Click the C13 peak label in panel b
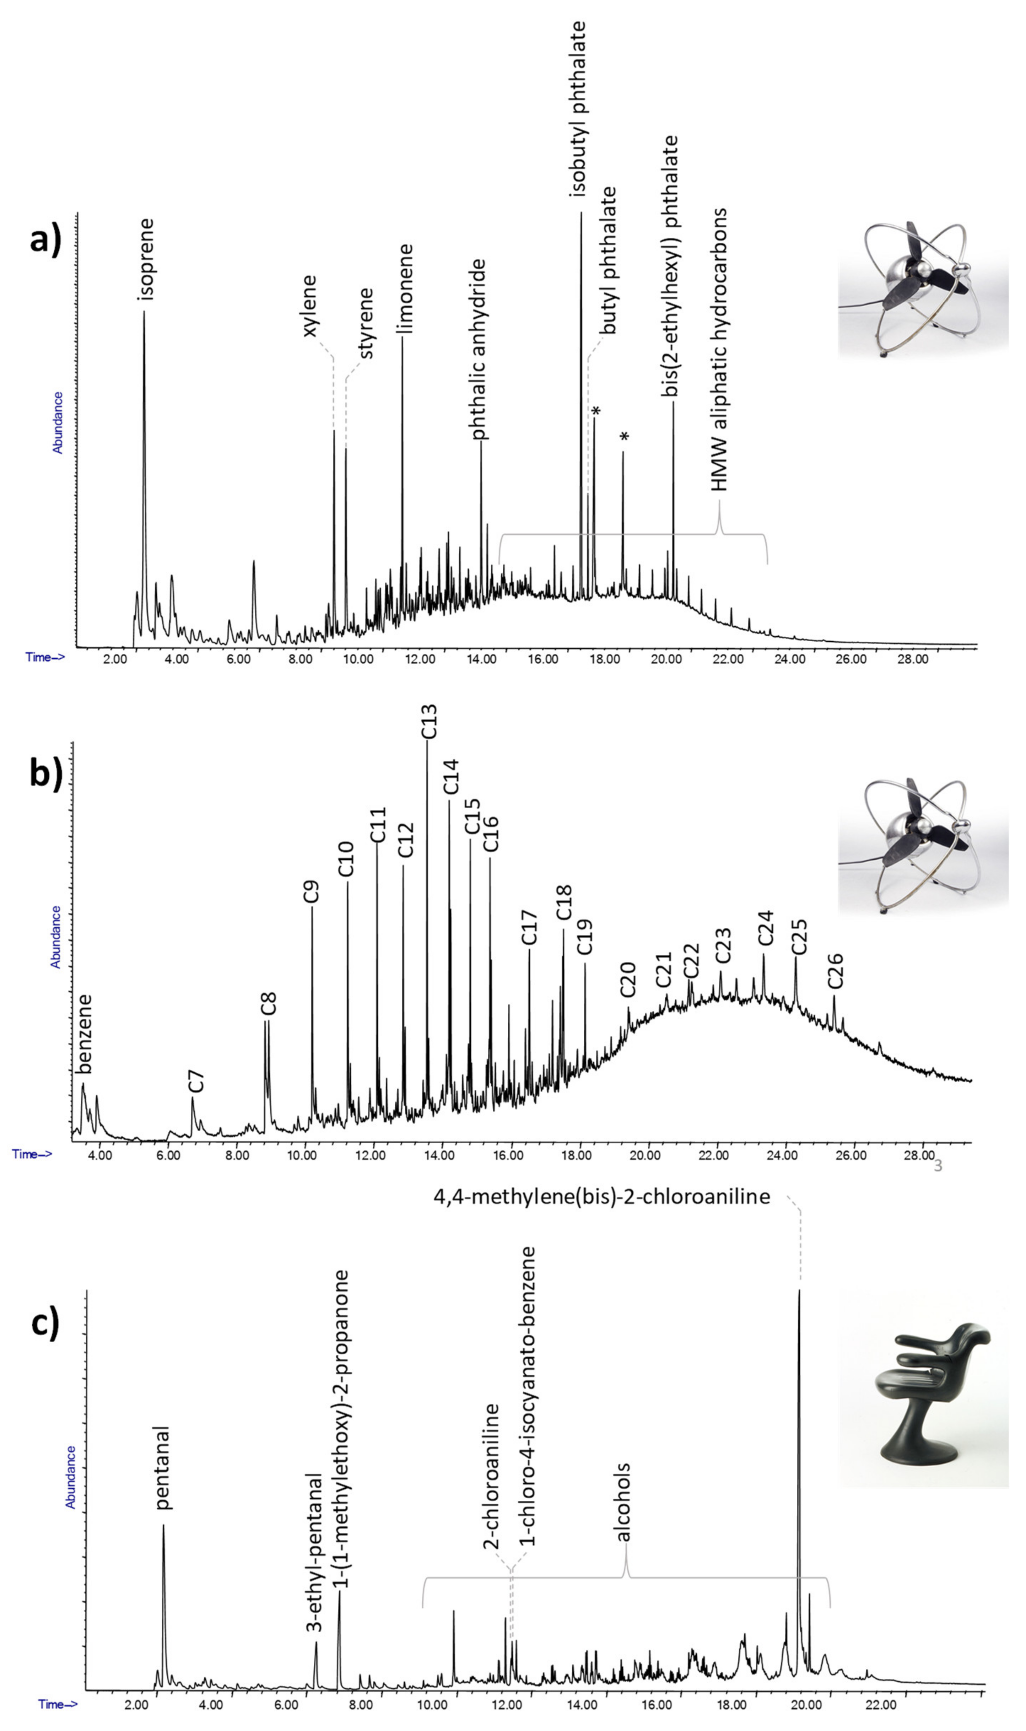pyautogui.click(x=429, y=722)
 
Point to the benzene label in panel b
pyautogui.click(x=84, y=1034)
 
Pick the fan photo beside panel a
pyautogui.click(x=923, y=289)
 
